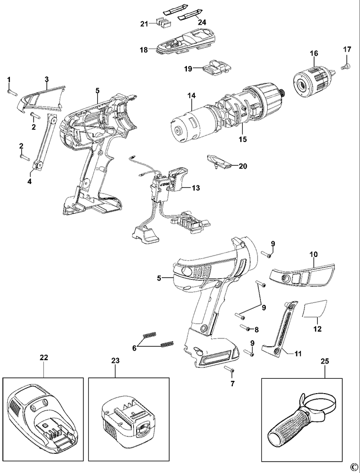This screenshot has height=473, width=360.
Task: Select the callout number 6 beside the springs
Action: point(134,349)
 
